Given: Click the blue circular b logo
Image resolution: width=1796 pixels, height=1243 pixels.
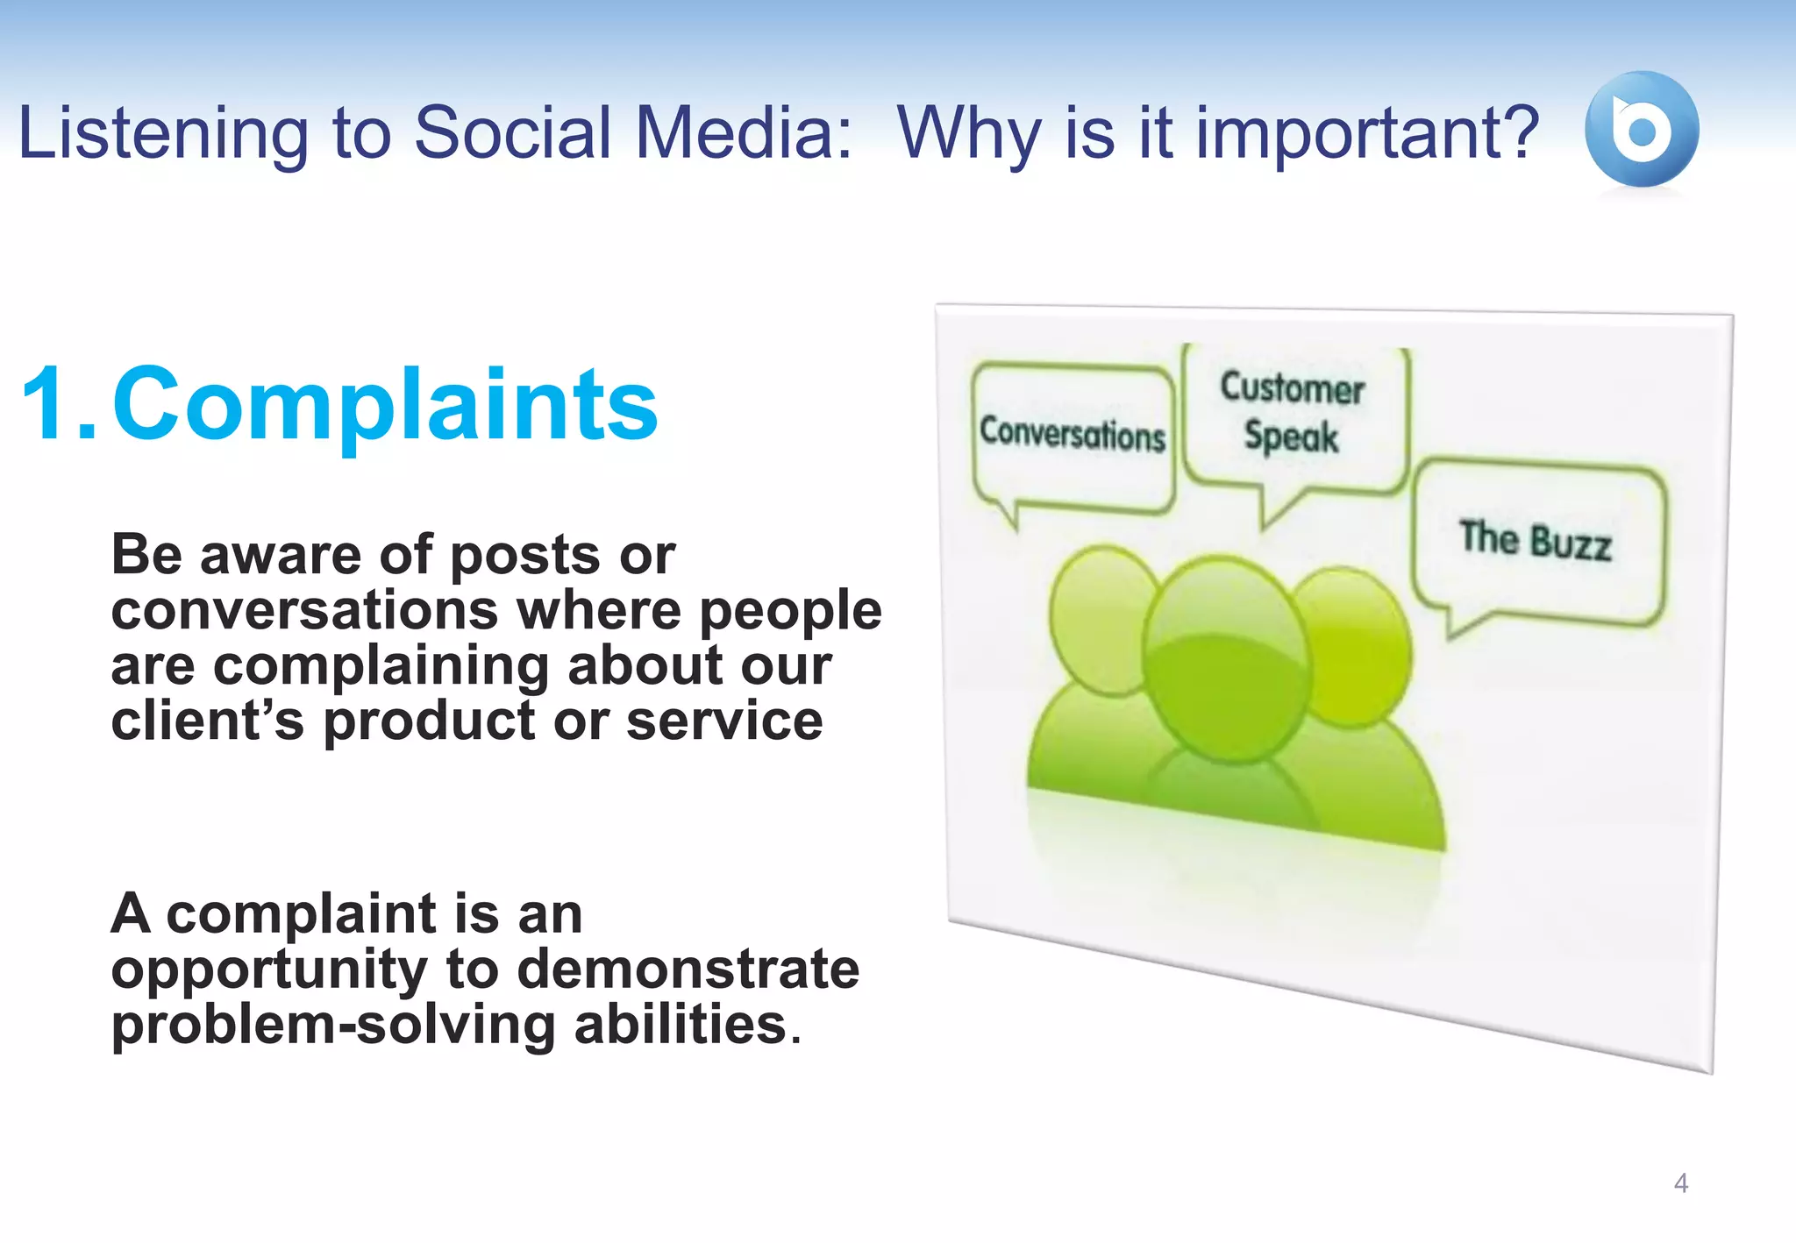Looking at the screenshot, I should click(x=1641, y=130).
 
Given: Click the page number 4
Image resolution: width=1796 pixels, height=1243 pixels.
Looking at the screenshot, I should click(x=1680, y=1183).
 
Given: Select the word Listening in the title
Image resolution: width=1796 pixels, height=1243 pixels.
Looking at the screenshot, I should click(x=163, y=133).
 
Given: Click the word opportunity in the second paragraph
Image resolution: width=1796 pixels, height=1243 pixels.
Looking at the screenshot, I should click(x=268, y=971).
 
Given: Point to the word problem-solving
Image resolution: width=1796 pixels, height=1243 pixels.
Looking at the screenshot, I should click(x=332, y=1026).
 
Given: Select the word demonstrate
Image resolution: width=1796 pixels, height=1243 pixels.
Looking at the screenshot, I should click(x=688, y=970).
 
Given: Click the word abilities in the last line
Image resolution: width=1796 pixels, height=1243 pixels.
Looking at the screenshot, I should click(x=681, y=1026).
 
